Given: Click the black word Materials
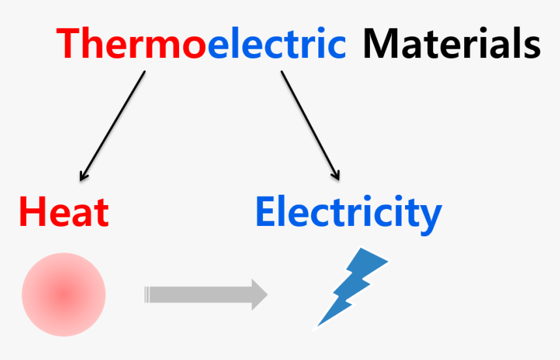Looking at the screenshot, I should (x=451, y=44).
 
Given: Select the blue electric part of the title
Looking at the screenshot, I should (x=276, y=44).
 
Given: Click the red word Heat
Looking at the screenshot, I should (x=64, y=212).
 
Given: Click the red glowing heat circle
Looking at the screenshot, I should (x=64, y=295).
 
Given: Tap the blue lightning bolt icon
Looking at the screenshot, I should (x=352, y=286).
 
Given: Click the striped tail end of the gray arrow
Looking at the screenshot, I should (x=148, y=295).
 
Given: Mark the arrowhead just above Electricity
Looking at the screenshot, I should (x=336, y=174).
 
